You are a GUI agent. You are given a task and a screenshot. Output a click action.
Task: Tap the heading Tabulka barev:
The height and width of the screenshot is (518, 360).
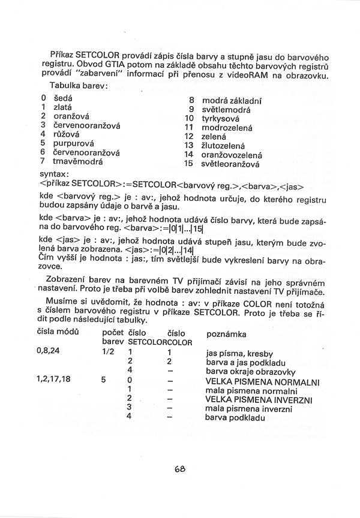click(79, 86)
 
